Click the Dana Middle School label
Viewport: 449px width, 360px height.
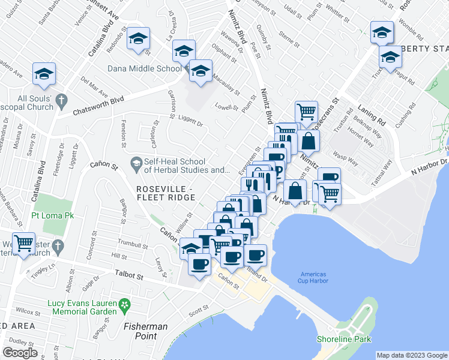pyautogui.click(x=144, y=68)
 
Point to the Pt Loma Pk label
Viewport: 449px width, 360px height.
pyautogui.click(x=52, y=215)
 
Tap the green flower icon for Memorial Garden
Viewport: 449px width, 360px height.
pyautogui.click(x=124, y=304)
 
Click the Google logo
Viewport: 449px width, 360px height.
pyautogui.click(x=20, y=352)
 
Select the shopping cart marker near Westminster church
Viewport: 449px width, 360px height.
pyautogui.click(x=24, y=244)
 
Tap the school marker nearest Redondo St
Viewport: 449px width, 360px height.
pyautogui.click(x=139, y=39)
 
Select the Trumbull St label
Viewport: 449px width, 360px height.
pyautogui.click(x=133, y=245)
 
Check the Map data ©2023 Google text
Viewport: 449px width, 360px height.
pyautogui.click(x=412, y=355)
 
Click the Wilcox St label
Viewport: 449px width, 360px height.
pyautogui.click(x=28, y=311)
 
